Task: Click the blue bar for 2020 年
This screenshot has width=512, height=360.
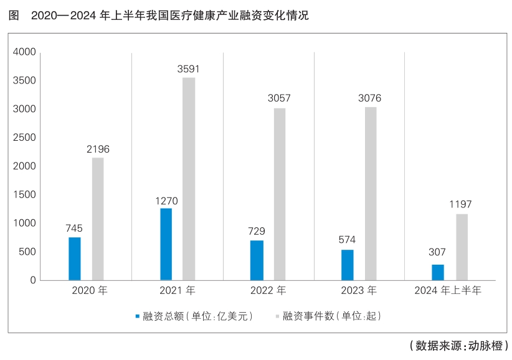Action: point(75,258)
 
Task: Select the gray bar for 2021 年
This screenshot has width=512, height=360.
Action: point(189,179)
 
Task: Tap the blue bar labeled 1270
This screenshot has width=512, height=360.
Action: point(166,244)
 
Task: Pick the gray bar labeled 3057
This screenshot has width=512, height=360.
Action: point(280,194)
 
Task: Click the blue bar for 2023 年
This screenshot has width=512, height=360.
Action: point(348,265)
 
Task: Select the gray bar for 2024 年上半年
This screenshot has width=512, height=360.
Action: point(462,247)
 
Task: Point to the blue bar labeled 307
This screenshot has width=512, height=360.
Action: point(438,272)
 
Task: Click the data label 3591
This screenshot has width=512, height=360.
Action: point(188,69)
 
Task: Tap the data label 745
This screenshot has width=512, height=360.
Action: point(74,228)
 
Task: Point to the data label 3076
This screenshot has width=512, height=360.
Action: point(369,98)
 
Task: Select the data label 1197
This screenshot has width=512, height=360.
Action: point(460,204)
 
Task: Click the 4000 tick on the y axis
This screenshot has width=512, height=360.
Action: point(24,52)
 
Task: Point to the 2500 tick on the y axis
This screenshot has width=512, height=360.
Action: point(24,138)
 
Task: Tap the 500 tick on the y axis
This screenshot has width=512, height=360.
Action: point(27,252)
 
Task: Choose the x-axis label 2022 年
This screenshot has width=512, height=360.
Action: point(268,290)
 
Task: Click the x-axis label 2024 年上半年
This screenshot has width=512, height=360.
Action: point(448,290)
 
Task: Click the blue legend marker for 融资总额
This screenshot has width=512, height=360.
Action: point(138,316)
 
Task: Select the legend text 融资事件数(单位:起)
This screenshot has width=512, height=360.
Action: point(332,316)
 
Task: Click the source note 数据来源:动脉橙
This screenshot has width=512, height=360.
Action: point(459,345)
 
